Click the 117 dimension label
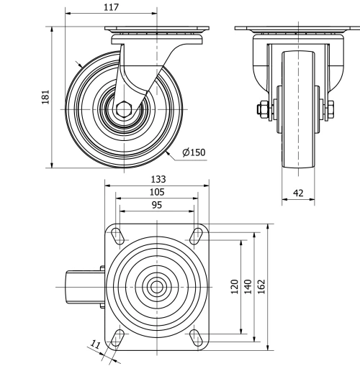[110, 7]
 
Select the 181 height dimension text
[45, 97]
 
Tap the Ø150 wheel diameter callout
[194, 152]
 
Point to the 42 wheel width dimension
[297, 192]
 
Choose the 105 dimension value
[157, 192]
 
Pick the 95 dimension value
[157, 205]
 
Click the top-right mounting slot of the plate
[194, 235]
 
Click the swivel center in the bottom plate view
[156, 286]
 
